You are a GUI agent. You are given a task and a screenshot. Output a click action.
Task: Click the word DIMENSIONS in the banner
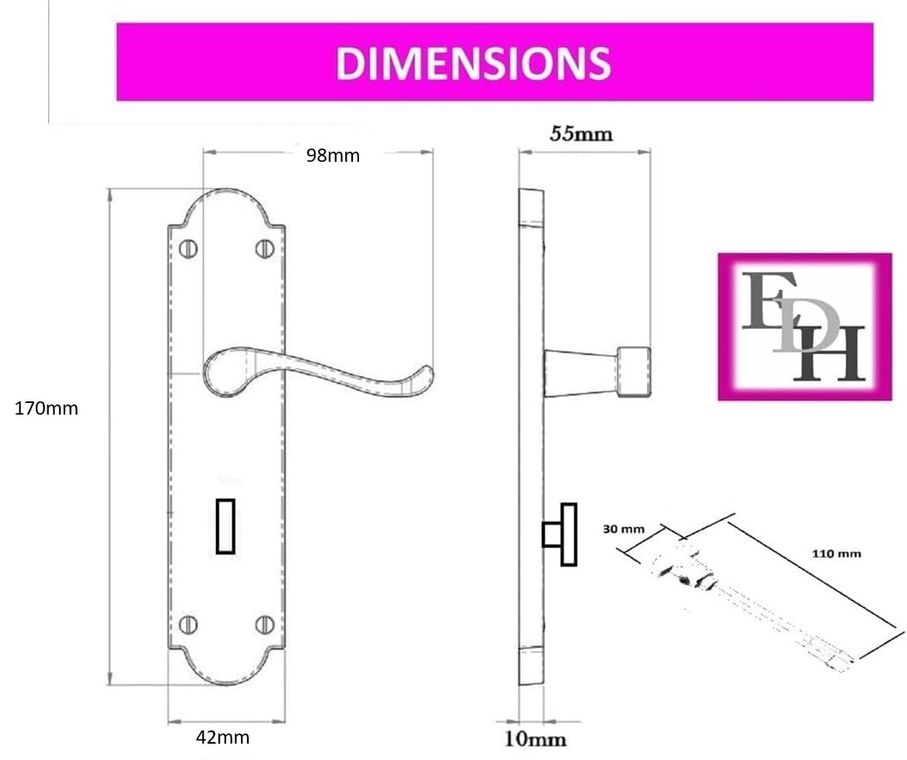(x=473, y=62)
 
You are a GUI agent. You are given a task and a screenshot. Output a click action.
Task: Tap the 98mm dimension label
(x=333, y=156)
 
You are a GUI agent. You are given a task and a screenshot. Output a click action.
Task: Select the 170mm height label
(x=47, y=408)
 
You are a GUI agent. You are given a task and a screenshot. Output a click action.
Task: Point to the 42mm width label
(x=223, y=737)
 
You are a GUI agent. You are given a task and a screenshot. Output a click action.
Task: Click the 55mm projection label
(x=581, y=135)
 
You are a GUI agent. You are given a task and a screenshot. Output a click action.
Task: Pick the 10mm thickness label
(x=535, y=739)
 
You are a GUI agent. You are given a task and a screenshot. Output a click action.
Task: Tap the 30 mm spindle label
(x=623, y=529)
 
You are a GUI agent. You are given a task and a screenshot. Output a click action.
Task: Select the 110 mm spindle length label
(x=836, y=554)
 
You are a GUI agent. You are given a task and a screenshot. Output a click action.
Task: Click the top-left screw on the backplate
(x=189, y=249)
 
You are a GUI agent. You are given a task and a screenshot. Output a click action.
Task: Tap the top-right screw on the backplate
(x=264, y=249)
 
